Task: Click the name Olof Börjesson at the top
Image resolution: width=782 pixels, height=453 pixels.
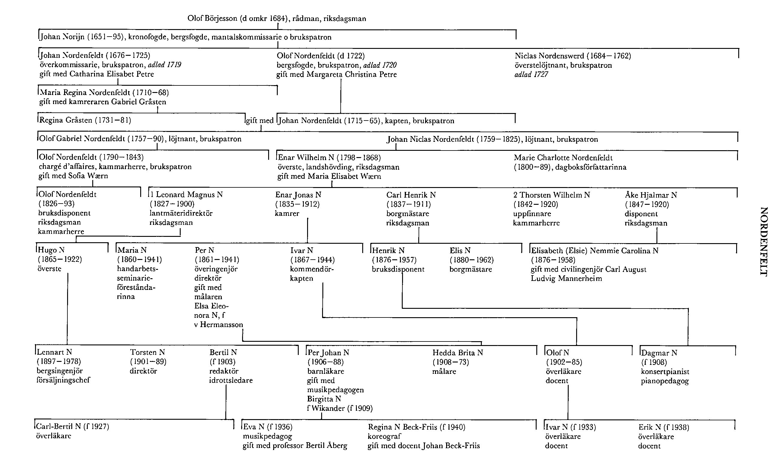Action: pos(212,18)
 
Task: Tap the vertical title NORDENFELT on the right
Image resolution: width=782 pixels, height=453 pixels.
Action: pos(764,241)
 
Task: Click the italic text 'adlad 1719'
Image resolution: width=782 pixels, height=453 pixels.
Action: pos(164,65)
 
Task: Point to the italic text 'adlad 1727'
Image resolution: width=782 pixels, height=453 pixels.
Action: pos(531,75)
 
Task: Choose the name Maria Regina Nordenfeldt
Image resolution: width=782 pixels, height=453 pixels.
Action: pos(84,93)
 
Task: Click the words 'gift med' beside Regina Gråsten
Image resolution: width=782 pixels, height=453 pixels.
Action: pos(259,121)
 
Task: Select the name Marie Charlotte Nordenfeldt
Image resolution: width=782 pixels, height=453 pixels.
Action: pos(563,158)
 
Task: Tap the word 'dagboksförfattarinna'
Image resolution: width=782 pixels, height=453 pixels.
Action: pos(591,167)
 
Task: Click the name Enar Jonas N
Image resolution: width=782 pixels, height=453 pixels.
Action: pos(298,195)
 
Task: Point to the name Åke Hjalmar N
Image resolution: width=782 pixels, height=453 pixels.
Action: pos(651,195)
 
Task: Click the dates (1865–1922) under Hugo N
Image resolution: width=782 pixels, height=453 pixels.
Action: pos(60,259)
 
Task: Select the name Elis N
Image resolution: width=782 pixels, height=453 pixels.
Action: pos(460,250)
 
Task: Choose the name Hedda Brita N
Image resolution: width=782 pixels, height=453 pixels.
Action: pos(458,353)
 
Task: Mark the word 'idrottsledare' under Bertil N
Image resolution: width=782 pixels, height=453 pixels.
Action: pos(231,380)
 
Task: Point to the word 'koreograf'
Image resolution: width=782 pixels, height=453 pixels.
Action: pos(384,436)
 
